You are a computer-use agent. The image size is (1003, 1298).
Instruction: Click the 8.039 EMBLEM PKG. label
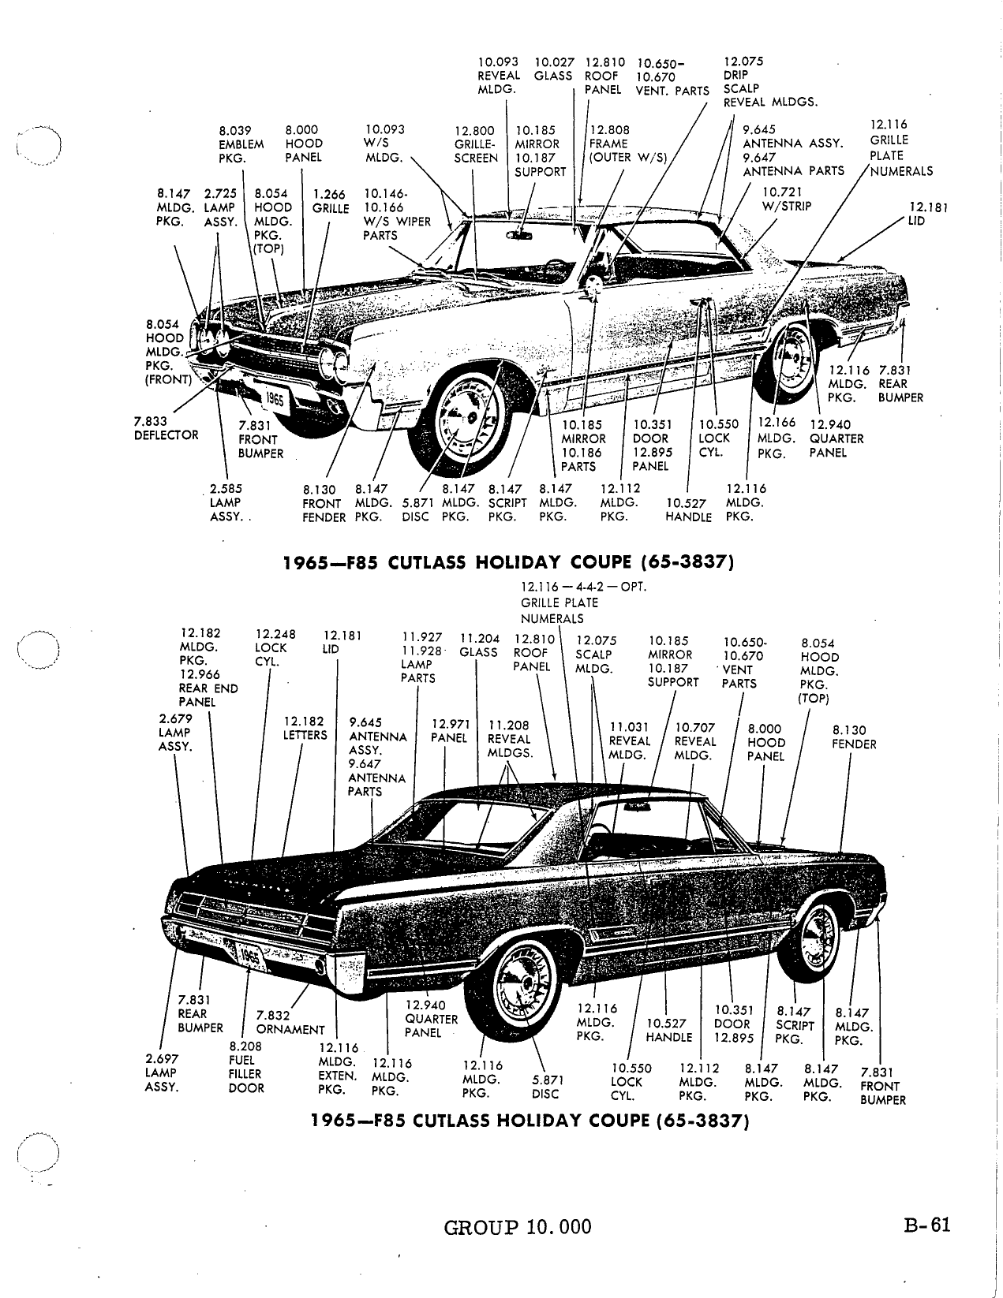coord(241,144)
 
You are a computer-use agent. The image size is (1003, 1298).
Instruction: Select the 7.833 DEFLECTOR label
coord(167,428)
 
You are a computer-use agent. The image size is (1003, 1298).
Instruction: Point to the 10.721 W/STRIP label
coord(788,200)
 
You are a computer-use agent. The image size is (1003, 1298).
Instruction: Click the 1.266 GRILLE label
coord(331,201)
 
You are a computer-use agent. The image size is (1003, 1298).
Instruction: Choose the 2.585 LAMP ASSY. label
coord(227,503)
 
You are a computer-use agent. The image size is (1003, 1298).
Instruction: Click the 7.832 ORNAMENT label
coord(290,1023)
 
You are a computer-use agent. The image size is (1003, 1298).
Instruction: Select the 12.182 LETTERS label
coord(305,728)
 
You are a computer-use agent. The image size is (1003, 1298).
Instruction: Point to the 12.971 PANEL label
coord(450,731)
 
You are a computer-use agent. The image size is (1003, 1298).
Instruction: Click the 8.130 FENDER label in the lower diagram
coord(854,737)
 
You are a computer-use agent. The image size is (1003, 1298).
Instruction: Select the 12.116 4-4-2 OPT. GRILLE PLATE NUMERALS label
coord(583,602)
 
